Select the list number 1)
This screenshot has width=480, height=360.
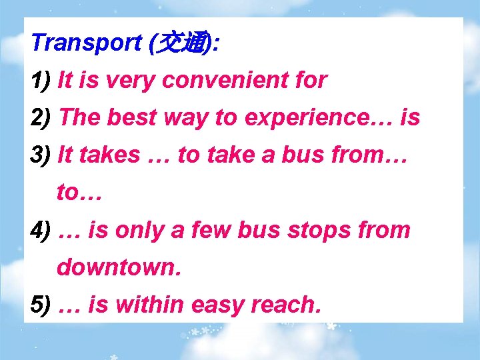coord(42,81)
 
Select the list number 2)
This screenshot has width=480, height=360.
coord(42,118)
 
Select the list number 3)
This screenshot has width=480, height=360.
coord(42,155)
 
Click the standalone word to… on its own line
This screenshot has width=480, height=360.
coord(78,193)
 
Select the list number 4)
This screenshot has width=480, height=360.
coord(42,230)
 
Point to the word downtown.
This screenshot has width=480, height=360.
coord(119,267)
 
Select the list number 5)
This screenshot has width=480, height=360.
coord(42,305)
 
